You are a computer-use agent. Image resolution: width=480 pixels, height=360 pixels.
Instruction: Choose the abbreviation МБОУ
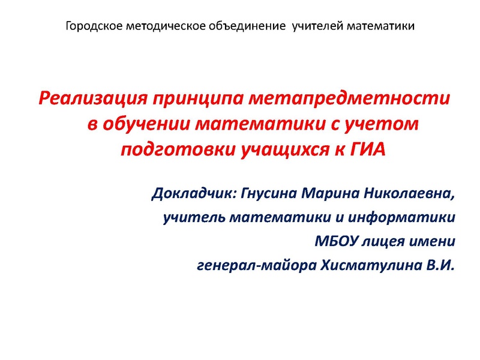[337, 242]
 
